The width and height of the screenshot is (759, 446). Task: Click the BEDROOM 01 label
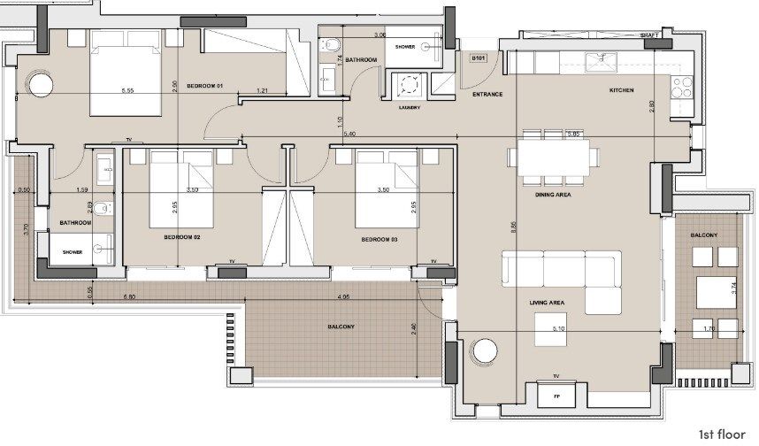[x=208, y=85]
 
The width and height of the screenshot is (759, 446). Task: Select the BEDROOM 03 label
[x=379, y=239]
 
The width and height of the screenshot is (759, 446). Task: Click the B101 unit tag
[x=479, y=58]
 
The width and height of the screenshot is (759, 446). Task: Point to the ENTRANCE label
[x=487, y=94]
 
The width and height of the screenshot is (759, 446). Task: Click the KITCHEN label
[x=621, y=91]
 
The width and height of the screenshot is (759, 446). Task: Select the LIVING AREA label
[x=547, y=303]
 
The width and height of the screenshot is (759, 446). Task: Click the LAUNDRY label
[x=410, y=108]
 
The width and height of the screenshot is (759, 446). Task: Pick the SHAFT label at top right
[x=649, y=35]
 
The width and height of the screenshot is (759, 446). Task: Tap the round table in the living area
[x=484, y=350]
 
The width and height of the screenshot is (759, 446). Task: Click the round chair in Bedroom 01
[x=41, y=86]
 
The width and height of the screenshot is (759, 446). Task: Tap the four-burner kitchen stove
[x=682, y=87]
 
